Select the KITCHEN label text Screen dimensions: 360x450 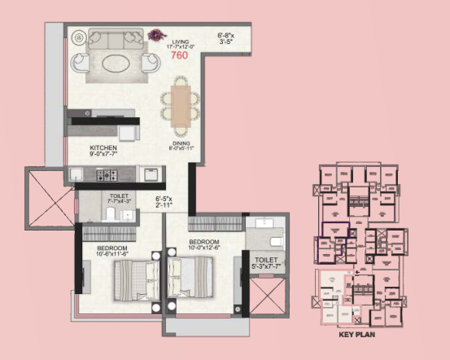coord(103,148)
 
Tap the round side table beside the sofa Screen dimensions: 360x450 coord(79,37)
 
